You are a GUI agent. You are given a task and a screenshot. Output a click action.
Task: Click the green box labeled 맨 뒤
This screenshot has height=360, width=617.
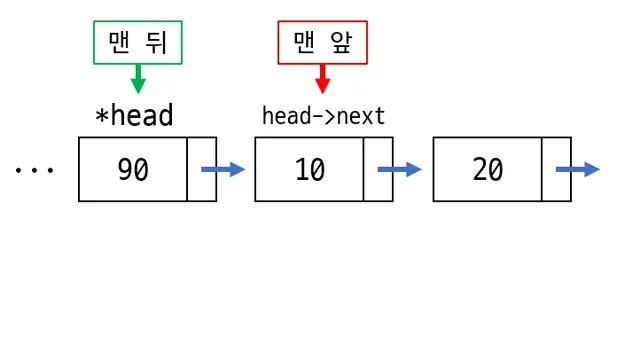tap(138, 42)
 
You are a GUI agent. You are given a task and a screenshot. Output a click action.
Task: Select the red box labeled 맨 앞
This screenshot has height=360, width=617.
tap(322, 42)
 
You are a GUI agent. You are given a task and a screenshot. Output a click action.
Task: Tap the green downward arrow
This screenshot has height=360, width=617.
tap(138, 80)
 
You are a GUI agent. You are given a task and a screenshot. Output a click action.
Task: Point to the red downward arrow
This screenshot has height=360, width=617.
tap(322, 80)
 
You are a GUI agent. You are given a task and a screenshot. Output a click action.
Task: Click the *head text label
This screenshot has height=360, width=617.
tap(134, 116)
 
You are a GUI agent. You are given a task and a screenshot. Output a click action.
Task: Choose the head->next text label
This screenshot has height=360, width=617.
tap(323, 116)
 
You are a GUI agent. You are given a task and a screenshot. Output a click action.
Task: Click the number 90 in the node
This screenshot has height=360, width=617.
tap(133, 170)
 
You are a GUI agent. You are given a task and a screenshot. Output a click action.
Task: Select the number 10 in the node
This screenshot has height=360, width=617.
tap(310, 170)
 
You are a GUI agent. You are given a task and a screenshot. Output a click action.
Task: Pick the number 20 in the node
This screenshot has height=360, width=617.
tap(488, 170)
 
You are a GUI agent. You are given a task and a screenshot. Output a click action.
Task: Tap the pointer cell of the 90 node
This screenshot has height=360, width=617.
tap(202, 170)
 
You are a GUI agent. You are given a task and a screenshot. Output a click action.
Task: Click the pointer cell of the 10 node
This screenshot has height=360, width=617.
tap(379, 170)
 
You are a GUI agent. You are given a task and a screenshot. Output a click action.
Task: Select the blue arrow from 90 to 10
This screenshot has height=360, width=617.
tap(224, 170)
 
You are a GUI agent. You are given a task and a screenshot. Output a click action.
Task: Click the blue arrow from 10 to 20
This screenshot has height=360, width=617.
tap(400, 170)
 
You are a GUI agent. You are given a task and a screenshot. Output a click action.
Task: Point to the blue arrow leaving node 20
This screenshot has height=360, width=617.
tap(580, 170)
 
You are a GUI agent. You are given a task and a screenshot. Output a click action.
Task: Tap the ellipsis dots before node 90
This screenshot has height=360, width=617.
tap(33, 170)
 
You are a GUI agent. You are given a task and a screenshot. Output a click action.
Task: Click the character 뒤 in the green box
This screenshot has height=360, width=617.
tap(159, 42)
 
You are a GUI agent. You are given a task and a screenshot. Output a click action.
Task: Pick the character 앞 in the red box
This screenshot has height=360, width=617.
tap(343, 42)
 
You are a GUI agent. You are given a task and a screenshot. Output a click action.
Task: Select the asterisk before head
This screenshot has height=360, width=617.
tap(101, 117)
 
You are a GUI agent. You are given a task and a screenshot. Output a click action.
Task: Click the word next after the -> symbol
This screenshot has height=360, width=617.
tap(361, 116)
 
